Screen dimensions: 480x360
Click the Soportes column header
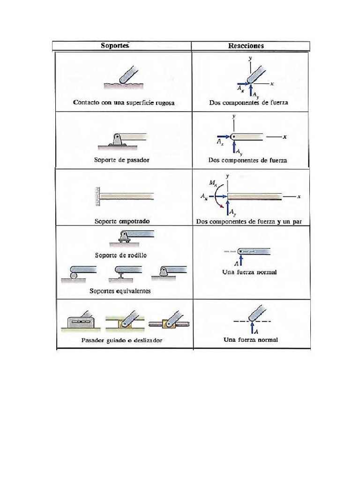[115, 45]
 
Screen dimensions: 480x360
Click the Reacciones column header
[246, 46]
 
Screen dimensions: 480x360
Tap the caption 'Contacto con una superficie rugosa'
[124, 103]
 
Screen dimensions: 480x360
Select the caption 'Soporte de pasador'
[121, 160]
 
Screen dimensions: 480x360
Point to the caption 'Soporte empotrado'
[122, 221]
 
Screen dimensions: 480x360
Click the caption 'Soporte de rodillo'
[124, 255]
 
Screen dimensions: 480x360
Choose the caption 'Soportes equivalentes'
[120, 291]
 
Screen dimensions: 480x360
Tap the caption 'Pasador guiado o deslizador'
[121, 340]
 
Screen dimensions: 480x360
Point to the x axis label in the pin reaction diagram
[285, 136]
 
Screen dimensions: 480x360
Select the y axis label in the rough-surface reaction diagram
[251, 58]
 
